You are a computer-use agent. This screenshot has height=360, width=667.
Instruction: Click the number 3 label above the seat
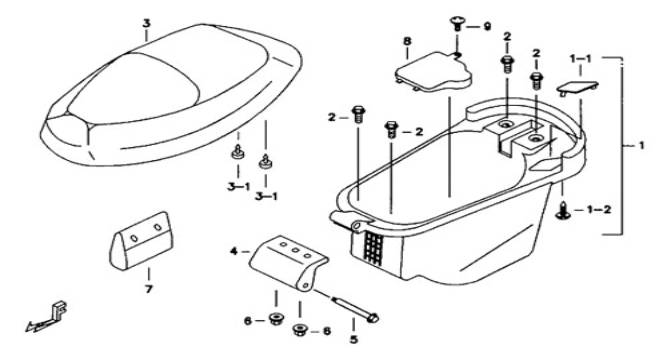(x=146, y=23)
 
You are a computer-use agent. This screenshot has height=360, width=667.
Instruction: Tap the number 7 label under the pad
(x=148, y=289)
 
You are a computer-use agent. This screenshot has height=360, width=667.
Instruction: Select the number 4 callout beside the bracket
(x=234, y=251)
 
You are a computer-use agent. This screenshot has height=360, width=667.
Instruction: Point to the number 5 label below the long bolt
(x=354, y=339)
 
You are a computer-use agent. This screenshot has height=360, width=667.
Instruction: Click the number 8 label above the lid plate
(x=408, y=41)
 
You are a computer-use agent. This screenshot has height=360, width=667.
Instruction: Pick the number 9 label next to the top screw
(x=487, y=26)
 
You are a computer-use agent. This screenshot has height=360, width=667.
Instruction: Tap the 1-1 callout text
(x=581, y=59)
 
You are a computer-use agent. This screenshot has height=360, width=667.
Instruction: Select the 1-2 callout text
(x=599, y=209)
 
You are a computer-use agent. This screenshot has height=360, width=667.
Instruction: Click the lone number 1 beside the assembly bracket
(x=641, y=146)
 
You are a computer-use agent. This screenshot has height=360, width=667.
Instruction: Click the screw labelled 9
(x=457, y=23)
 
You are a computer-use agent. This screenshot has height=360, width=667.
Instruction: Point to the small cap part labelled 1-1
(x=577, y=88)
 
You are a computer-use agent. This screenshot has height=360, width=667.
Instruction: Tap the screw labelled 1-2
(x=562, y=211)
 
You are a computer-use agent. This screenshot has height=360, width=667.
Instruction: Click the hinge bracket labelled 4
(x=288, y=261)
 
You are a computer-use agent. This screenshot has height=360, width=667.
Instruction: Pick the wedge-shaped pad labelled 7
(x=141, y=240)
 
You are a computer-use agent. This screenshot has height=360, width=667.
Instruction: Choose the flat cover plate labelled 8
(x=433, y=72)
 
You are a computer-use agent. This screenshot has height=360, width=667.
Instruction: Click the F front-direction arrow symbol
(x=48, y=317)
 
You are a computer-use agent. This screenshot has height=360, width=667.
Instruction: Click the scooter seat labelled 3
(x=171, y=94)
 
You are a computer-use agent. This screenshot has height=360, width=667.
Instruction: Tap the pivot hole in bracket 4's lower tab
(x=305, y=285)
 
